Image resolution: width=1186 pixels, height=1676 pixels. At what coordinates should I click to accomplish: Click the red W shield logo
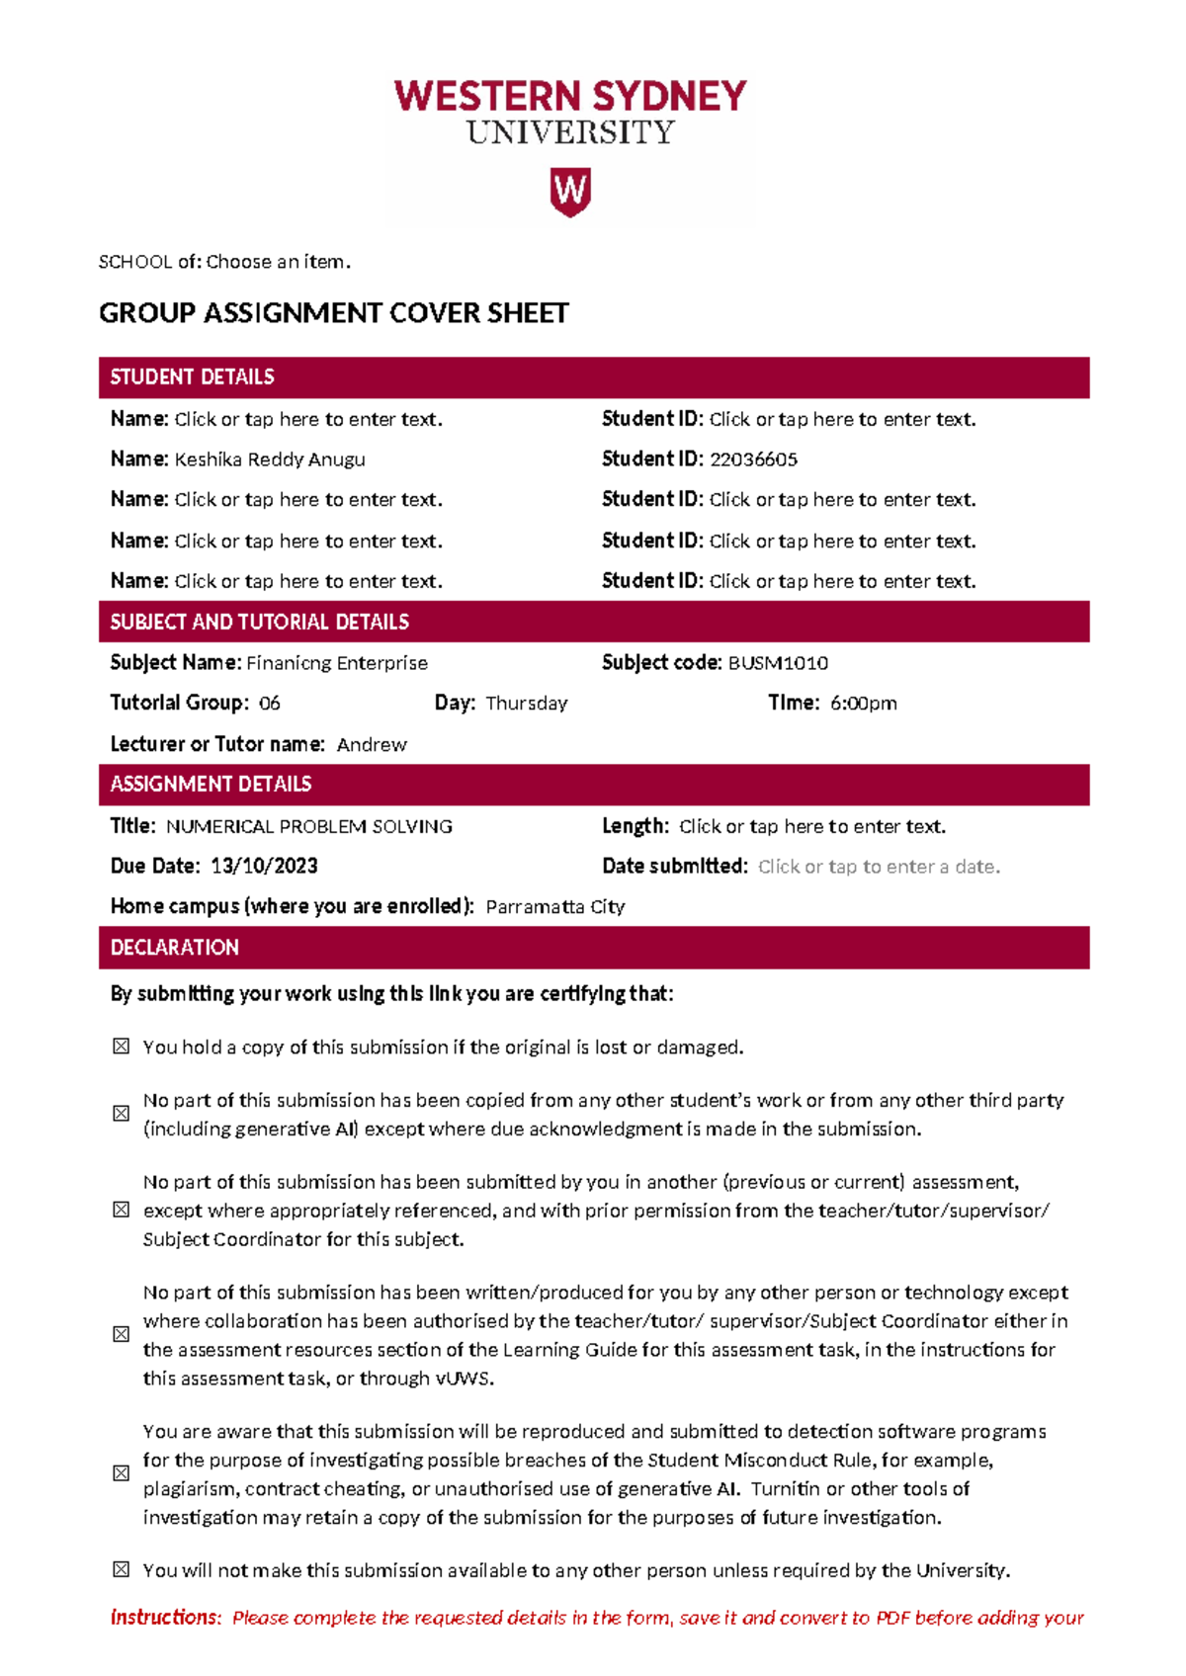pos(570,192)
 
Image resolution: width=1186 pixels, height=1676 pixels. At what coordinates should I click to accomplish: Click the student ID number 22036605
pos(753,460)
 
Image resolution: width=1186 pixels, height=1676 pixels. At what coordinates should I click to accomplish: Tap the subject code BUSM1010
pos(778,663)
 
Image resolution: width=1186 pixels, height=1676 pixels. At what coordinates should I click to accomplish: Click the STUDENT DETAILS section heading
pos(193,377)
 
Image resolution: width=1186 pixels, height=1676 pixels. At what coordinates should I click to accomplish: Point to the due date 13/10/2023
pos(264,867)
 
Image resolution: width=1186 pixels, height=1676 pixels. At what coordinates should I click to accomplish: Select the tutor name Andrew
pos(372,745)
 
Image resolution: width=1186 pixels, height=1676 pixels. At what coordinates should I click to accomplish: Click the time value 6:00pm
pos(863,704)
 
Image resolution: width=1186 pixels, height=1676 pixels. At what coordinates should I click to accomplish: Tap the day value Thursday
pos(527,704)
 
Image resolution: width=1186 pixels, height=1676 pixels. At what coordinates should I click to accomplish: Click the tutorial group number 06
pos(269,704)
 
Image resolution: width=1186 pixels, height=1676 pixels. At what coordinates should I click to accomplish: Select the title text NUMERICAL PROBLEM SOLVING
pos(308,827)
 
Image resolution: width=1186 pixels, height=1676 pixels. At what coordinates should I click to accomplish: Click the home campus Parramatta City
pos(555,907)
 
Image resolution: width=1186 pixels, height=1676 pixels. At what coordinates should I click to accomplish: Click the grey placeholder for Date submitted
pos(879,868)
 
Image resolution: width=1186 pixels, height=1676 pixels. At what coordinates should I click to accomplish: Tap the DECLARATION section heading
pos(175,948)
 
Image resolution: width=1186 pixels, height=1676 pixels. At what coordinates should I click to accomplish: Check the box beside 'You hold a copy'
pos(121,1047)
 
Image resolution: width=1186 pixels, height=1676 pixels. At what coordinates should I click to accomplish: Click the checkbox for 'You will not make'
pos(121,1569)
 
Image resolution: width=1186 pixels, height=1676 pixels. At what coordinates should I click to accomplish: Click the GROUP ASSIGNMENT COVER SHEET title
pos(334,313)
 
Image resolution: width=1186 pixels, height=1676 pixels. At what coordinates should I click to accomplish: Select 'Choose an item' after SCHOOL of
pos(278,262)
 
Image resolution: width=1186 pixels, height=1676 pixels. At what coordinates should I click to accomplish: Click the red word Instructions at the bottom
pos(165,1618)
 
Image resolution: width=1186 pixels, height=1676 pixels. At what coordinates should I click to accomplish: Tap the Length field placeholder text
pos(812,827)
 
